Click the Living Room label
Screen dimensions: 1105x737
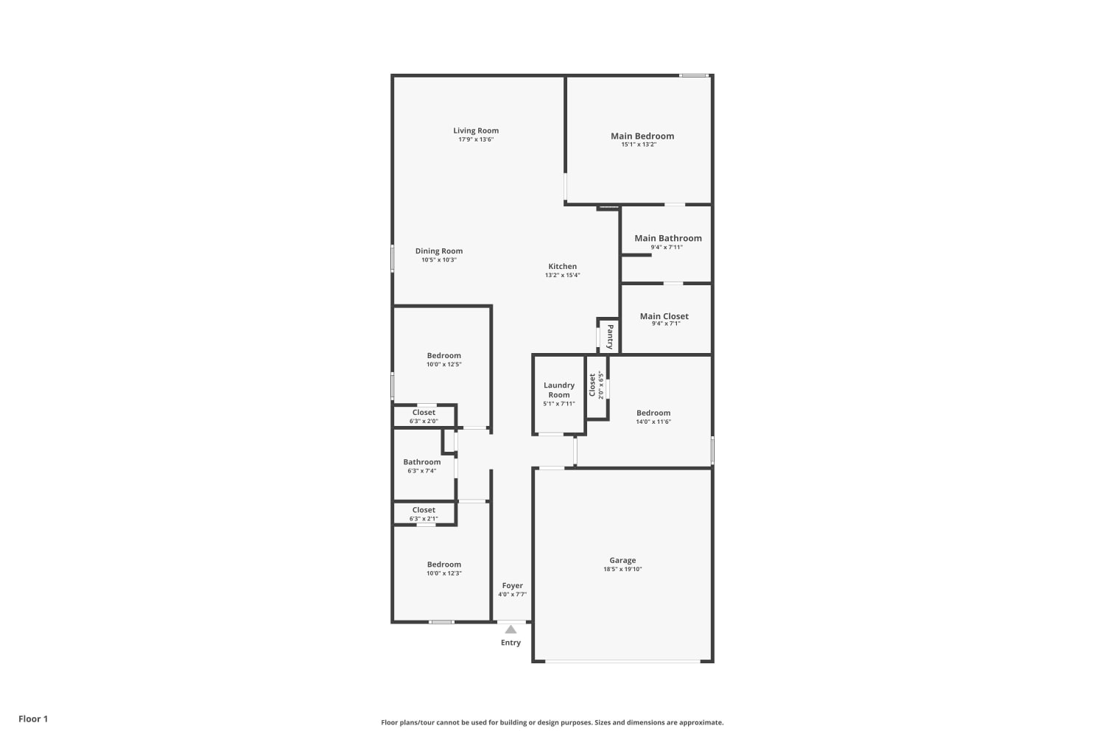pyautogui.click(x=476, y=130)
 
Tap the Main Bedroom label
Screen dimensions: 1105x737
pyautogui.click(x=642, y=136)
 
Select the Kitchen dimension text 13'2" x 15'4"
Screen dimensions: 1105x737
pyautogui.click(x=562, y=275)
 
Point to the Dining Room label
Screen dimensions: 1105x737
pyautogui.click(x=439, y=251)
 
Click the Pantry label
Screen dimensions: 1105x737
pyautogui.click(x=610, y=337)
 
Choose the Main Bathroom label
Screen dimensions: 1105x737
pyautogui.click(x=668, y=238)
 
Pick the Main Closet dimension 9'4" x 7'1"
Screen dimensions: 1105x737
pyautogui.click(x=666, y=324)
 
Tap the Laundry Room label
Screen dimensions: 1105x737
pyautogui.click(x=559, y=390)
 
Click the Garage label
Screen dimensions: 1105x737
pyautogui.click(x=622, y=560)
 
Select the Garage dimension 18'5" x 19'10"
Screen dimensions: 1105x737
pyautogui.click(x=622, y=569)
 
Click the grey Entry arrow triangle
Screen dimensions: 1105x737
pyautogui.click(x=511, y=629)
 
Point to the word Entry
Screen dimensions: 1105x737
pyautogui.click(x=511, y=642)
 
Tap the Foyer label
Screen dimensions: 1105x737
pyautogui.click(x=513, y=585)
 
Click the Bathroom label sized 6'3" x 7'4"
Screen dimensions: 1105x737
pyautogui.click(x=422, y=462)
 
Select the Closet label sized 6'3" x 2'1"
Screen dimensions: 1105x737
pyautogui.click(x=424, y=510)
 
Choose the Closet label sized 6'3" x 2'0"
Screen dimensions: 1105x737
pyautogui.click(x=424, y=412)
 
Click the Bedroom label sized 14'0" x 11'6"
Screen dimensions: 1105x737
pyautogui.click(x=653, y=413)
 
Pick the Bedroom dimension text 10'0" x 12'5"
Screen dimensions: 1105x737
pyautogui.click(x=444, y=364)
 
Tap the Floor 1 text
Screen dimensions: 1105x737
pyautogui.click(x=33, y=719)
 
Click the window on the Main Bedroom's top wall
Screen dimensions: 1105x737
pyautogui.click(x=694, y=75)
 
